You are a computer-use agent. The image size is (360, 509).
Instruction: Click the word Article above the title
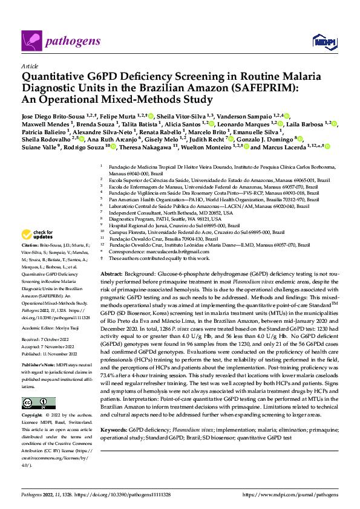[29, 64]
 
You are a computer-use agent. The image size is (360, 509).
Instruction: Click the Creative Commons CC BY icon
[35, 403]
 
